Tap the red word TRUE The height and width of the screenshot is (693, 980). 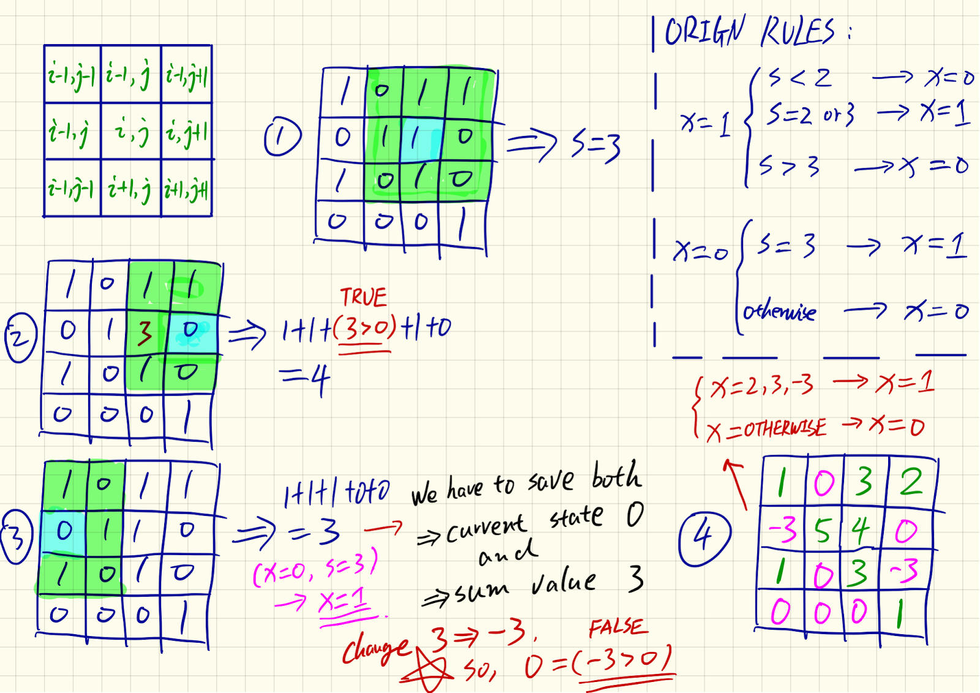coord(364,298)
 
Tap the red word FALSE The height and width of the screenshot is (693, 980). coord(616,627)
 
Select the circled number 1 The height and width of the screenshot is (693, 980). coord(282,137)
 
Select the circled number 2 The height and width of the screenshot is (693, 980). coord(21,337)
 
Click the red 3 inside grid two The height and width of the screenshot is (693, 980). coord(145,333)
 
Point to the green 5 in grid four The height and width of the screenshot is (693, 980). coord(823,531)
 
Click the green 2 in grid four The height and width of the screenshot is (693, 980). coord(911,482)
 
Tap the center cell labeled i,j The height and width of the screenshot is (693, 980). coord(132,131)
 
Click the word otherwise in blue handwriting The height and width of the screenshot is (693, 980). coord(779,312)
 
